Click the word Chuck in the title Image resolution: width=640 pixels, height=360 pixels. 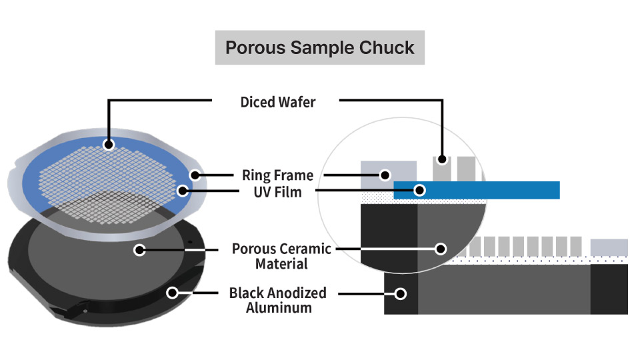tap(388, 48)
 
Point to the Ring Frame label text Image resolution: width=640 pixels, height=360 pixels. tap(277, 175)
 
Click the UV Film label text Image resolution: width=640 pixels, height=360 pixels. tap(277, 192)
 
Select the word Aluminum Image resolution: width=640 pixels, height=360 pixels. tap(279, 308)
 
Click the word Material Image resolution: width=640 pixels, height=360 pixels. tap(281, 264)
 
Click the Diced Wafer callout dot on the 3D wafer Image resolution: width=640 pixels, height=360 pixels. tap(109, 143)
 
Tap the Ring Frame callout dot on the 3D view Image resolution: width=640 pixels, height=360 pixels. tap(195, 175)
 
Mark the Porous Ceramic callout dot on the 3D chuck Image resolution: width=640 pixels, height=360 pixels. tap(139, 250)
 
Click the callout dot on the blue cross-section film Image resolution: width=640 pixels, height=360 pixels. tap(419, 190)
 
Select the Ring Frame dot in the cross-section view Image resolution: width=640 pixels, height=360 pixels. tap(384, 175)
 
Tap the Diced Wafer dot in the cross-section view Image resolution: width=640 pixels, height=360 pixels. tap(441, 160)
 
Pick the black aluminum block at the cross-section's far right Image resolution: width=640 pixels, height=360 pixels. tap(609, 289)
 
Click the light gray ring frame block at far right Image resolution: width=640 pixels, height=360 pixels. tap(609, 247)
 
